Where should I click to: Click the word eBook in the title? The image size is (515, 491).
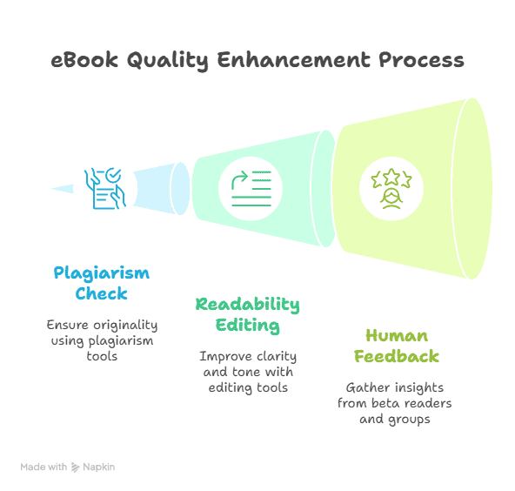click(84, 60)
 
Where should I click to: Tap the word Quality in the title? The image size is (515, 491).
click(168, 61)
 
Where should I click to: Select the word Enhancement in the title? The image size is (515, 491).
click(293, 60)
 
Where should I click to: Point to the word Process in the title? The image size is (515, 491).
click(421, 60)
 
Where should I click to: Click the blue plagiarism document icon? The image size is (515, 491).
click(105, 189)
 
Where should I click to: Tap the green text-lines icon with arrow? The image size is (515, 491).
click(251, 189)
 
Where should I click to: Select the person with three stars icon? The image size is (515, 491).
click(391, 189)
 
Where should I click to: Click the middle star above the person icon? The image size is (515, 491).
click(391, 177)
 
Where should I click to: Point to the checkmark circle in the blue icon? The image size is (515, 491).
click(113, 175)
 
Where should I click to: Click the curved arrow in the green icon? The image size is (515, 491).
click(239, 179)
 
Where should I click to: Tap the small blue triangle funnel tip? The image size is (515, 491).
click(62, 189)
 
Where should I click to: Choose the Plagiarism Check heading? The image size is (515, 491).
click(102, 283)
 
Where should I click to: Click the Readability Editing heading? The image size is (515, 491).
click(247, 315)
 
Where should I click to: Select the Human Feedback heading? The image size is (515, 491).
click(397, 346)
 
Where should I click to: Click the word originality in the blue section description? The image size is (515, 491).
click(125, 326)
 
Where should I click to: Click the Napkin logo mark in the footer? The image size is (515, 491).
click(76, 467)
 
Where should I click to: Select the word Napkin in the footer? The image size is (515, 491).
click(99, 467)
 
